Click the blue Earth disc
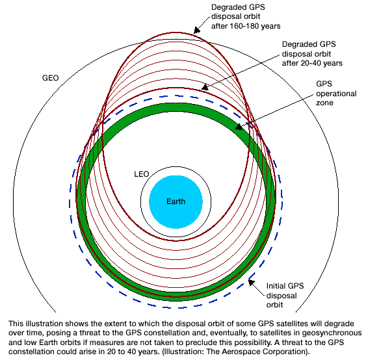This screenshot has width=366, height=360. coord(176,202)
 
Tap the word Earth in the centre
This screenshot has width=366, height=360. coord(176,201)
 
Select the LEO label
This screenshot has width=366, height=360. coord(142,174)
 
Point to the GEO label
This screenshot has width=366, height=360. coord(51,78)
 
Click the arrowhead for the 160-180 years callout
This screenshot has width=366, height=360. coord(197,31)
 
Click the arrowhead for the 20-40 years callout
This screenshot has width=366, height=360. coord(205,87)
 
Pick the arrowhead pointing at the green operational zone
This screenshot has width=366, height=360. coord(239,127)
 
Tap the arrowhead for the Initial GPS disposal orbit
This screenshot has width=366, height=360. coord(251,282)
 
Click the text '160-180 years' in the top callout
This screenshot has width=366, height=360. coord(255,26)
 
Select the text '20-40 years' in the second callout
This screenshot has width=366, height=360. coord(322,63)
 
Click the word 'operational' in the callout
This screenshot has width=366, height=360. coord(336,94)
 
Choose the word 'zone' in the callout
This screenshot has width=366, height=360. coord(324,103)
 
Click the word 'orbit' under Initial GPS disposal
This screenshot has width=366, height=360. coord(274,305)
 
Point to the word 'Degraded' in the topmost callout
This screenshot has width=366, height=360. coord(227,7)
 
